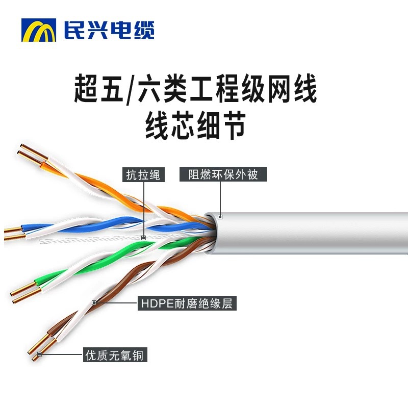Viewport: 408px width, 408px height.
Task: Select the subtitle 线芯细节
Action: pyautogui.click(x=196, y=126)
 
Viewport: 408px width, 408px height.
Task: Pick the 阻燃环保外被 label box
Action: pyautogui.click(x=223, y=174)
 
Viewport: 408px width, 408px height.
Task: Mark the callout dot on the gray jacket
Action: pyautogui.click(x=220, y=217)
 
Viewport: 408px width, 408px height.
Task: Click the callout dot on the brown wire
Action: pyautogui.click(x=94, y=303)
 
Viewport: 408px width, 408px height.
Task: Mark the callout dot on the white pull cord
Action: pyautogui.click(x=144, y=237)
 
